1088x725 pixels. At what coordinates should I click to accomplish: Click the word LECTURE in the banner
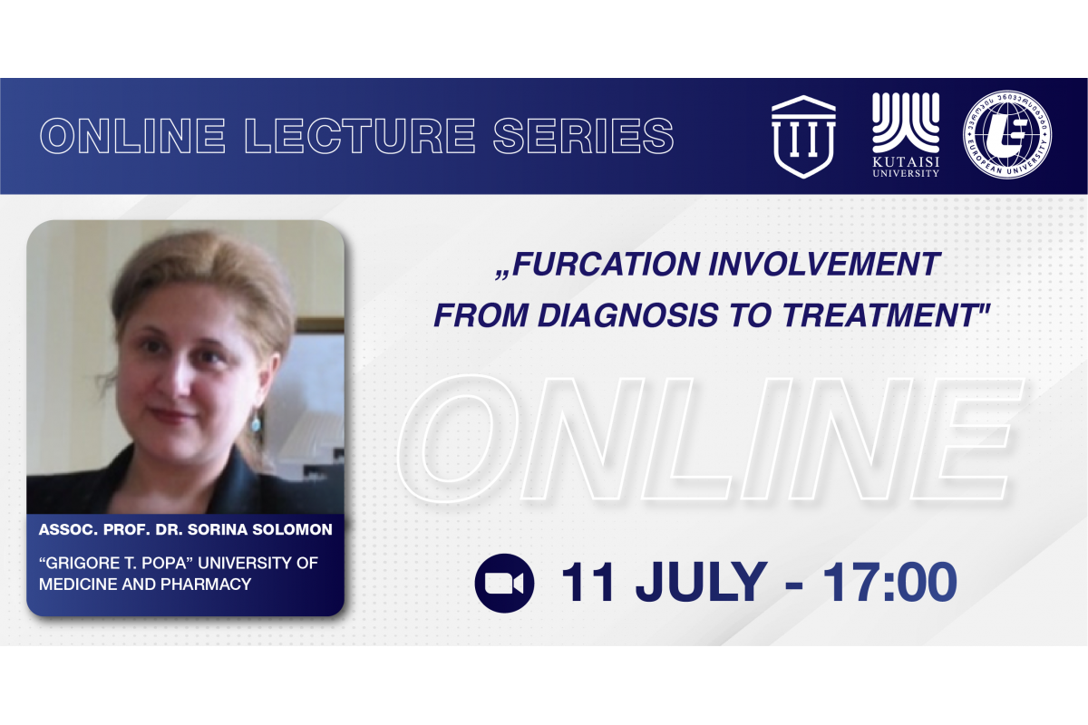pyautogui.click(x=360, y=136)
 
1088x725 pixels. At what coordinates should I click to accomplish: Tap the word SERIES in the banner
pyautogui.click(x=583, y=136)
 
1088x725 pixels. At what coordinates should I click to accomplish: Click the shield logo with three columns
pyautogui.click(x=803, y=137)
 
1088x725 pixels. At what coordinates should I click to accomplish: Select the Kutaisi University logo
pyautogui.click(x=906, y=135)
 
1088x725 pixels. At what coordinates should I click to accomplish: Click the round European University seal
pyautogui.click(x=1007, y=134)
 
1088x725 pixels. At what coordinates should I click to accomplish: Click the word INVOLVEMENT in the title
pyautogui.click(x=823, y=265)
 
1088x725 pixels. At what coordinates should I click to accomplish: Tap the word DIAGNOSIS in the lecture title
pyautogui.click(x=628, y=315)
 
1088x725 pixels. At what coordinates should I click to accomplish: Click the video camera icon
pyautogui.click(x=504, y=583)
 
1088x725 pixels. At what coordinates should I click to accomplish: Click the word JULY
pyautogui.click(x=702, y=582)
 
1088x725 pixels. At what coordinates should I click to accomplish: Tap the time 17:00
pyautogui.click(x=889, y=582)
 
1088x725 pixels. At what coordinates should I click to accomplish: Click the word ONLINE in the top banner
pyautogui.click(x=132, y=136)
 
